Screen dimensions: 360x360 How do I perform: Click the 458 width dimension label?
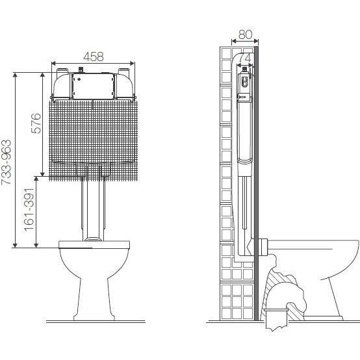(x=93, y=57)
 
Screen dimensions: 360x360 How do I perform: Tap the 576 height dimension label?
(x=36, y=123)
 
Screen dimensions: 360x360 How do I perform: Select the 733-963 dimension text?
(x=6, y=162)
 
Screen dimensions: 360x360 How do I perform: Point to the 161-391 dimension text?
(x=29, y=210)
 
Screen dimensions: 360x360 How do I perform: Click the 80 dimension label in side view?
(x=246, y=34)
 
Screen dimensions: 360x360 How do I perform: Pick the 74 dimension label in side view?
(x=245, y=58)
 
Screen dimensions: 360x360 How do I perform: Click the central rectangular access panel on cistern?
(x=93, y=86)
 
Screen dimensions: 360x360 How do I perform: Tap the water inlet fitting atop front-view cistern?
(x=81, y=70)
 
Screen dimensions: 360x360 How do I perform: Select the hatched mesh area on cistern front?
(x=93, y=140)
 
